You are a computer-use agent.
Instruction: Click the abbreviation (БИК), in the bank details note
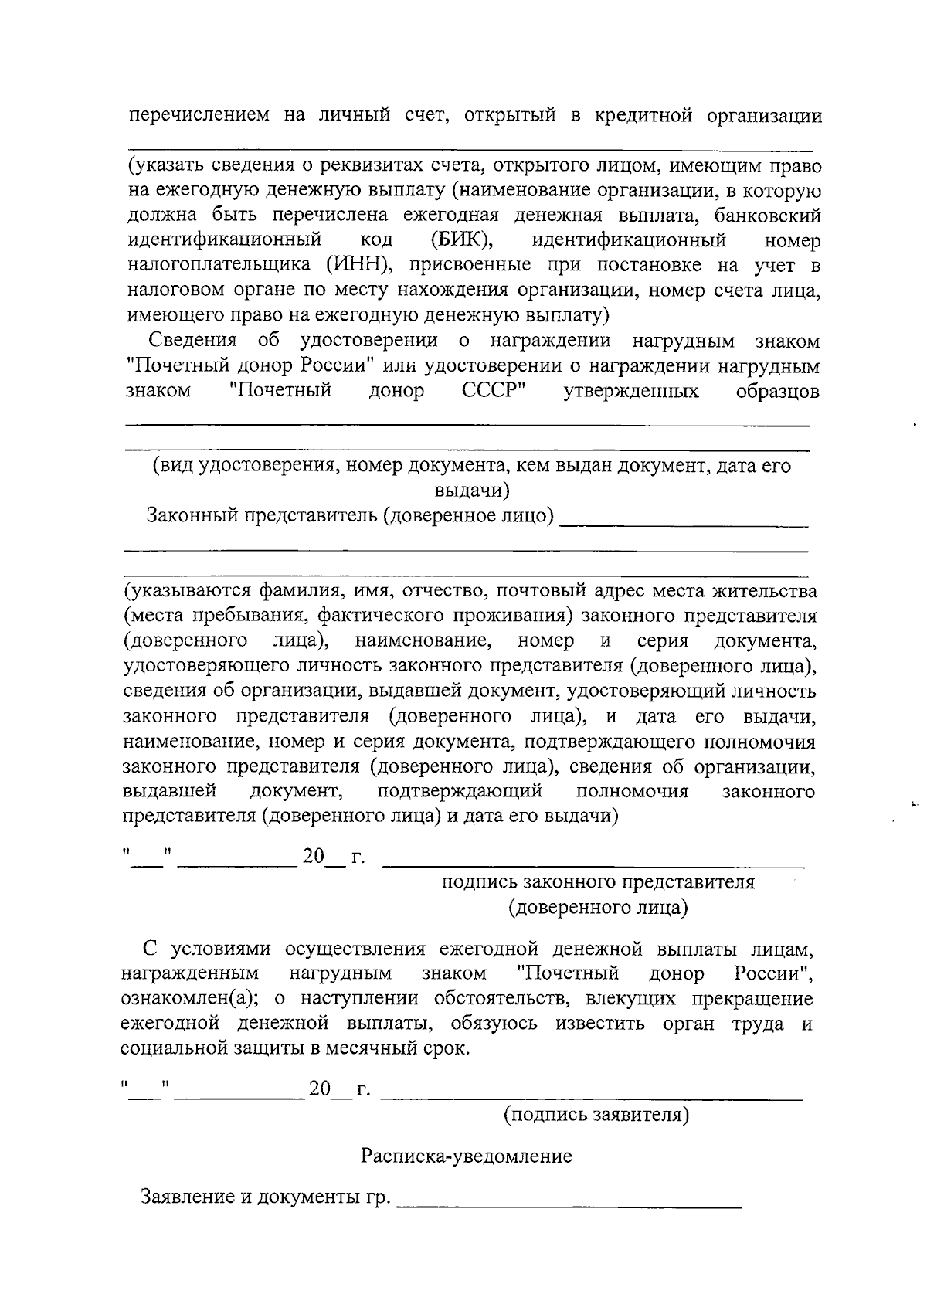[x=463, y=240]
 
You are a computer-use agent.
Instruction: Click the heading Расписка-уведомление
[x=467, y=1156]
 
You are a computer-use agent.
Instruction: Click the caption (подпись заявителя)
[x=596, y=1115]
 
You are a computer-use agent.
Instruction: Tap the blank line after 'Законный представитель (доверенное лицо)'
[x=683, y=525]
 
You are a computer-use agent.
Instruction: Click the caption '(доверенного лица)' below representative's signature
[x=598, y=907]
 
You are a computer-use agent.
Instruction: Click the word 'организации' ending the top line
[x=763, y=116]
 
